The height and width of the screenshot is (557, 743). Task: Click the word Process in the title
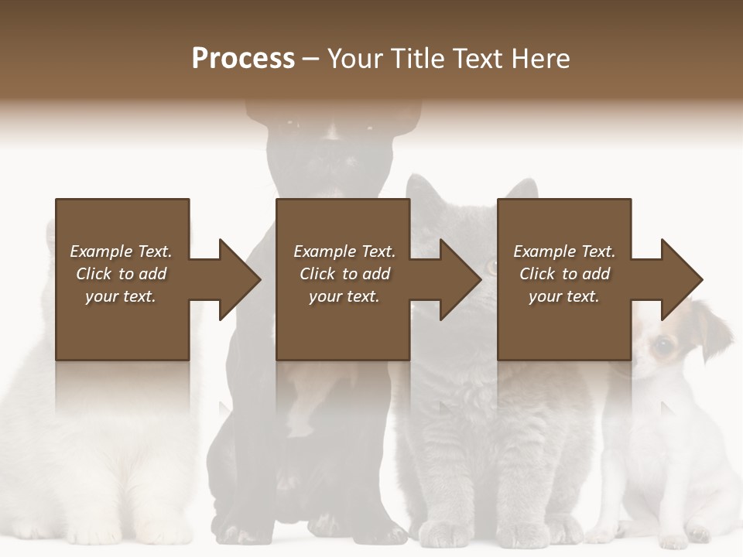tap(243, 59)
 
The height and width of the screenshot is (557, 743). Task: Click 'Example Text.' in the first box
tap(121, 251)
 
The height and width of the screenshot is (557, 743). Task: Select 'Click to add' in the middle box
tap(344, 274)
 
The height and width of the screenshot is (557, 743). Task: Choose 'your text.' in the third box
tap(563, 296)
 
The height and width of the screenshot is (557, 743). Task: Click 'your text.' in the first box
tap(121, 296)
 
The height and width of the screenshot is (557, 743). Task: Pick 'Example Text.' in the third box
tap(564, 251)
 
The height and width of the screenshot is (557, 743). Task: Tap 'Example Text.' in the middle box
tap(344, 251)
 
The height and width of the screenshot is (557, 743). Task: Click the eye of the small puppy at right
tap(663, 346)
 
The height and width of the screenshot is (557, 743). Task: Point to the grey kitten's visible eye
tap(491, 267)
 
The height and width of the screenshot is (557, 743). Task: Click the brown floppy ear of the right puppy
tap(715, 325)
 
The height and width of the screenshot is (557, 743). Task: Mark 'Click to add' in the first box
tap(121, 274)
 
